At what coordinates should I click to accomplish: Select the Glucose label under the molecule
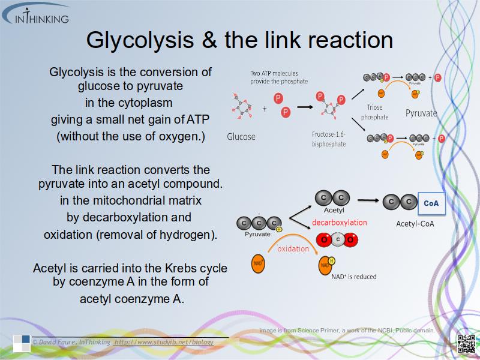tap(241, 136)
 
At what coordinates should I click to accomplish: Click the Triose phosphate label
tap(374, 112)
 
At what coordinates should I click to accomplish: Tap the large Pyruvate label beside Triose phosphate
tap(421, 113)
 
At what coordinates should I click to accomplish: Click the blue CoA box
tap(431, 203)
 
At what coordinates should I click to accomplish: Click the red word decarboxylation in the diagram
tap(339, 222)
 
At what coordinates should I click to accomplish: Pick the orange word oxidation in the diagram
tap(293, 248)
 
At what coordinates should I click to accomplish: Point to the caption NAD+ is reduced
tap(353, 277)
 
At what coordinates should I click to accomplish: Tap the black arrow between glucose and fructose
tap(305, 107)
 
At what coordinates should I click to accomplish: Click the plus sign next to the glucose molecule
tap(265, 109)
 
